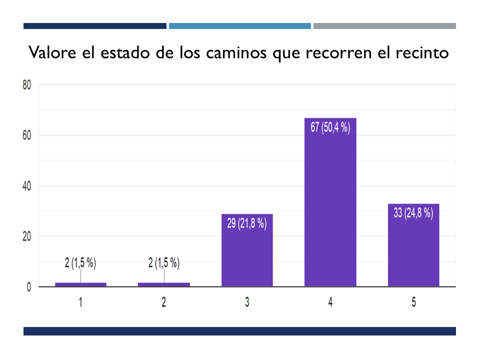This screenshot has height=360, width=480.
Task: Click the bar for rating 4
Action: (330, 210)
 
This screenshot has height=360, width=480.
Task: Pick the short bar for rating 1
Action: (80, 284)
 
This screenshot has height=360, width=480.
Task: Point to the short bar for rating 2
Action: (164, 284)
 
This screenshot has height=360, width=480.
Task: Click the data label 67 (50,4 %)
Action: (330, 127)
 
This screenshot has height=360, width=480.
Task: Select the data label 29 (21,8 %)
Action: (247, 223)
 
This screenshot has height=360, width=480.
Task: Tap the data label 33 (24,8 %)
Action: (413, 213)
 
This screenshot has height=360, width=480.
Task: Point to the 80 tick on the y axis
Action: (27, 85)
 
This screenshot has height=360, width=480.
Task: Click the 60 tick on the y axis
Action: (27, 135)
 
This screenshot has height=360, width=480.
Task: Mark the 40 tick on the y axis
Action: (27, 186)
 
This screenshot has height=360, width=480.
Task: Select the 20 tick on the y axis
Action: (27, 236)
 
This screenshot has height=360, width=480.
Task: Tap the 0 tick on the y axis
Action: (29, 287)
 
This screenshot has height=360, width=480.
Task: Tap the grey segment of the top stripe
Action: (384, 26)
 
